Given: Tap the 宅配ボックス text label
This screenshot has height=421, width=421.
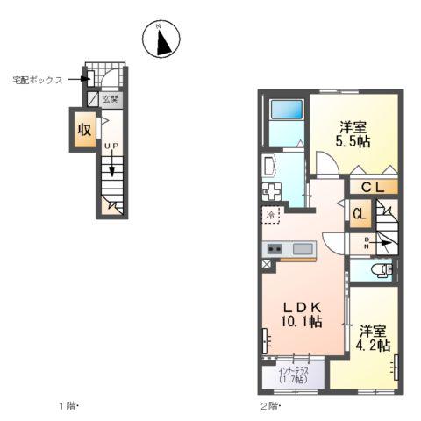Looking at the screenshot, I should (x=36, y=79).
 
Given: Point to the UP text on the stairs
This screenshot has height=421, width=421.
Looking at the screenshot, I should (x=111, y=145).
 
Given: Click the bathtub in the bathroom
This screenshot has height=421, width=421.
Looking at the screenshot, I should (x=285, y=111).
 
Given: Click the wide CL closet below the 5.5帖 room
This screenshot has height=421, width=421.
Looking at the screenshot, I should (x=373, y=186).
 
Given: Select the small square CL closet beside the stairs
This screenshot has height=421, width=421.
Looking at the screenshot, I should (x=360, y=213).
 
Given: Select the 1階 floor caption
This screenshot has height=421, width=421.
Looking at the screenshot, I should (x=68, y=406).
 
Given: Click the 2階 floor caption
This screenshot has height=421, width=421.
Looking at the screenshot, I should (x=268, y=406).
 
